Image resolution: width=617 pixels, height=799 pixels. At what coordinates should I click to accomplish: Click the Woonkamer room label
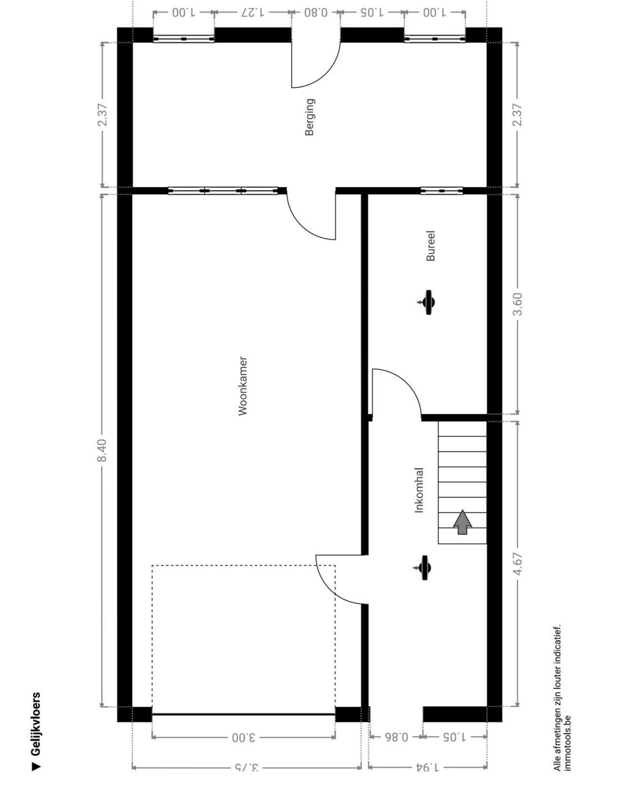click(x=243, y=386)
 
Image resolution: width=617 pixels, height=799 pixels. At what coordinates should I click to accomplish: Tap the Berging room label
click(x=310, y=117)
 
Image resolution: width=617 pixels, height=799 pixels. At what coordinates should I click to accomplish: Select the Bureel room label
click(x=430, y=246)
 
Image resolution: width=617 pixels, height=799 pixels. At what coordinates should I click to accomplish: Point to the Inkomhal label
click(x=419, y=490)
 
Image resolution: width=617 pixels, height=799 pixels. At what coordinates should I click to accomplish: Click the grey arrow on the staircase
click(x=463, y=522)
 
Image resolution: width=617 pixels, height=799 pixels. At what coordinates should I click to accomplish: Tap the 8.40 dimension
click(x=103, y=450)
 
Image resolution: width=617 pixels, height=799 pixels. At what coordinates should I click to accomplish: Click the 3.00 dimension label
click(x=243, y=736)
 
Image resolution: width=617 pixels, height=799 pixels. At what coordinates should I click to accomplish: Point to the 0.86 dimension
click(x=396, y=736)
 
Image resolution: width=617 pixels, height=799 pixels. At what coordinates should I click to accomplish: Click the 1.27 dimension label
click(x=253, y=13)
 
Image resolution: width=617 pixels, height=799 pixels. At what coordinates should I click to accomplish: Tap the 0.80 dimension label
click(x=316, y=13)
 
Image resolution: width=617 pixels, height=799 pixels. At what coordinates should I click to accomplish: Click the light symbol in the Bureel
click(x=427, y=302)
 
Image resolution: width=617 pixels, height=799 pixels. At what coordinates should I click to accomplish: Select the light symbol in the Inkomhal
click(x=424, y=568)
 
